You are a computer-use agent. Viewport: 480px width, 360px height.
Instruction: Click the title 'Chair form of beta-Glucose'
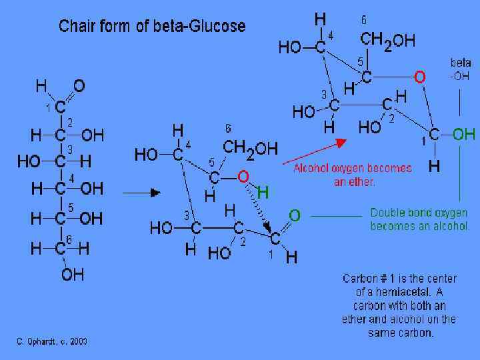[x=152, y=27]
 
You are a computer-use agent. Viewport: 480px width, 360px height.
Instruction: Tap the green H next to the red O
[x=263, y=193]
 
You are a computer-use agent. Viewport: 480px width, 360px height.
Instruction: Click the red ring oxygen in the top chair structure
[x=419, y=78]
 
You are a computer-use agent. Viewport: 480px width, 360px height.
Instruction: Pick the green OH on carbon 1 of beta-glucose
[x=463, y=134]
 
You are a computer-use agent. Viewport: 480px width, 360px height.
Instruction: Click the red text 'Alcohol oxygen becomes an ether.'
[x=353, y=175]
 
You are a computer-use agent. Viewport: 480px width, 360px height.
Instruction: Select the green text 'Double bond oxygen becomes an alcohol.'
[x=420, y=219]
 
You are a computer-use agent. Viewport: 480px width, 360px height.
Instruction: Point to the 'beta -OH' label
[x=460, y=69]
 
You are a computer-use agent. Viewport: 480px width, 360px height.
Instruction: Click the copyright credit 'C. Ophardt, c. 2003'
[x=51, y=341]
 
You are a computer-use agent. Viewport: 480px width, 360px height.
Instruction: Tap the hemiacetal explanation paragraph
[x=399, y=305]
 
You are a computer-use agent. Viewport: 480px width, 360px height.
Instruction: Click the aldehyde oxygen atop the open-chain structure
[x=79, y=86]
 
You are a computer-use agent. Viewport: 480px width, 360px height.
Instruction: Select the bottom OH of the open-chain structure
[x=73, y=274]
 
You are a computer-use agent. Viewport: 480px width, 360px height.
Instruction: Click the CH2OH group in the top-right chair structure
[x=388, y=41]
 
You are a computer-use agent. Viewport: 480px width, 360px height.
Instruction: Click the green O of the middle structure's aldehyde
[x=294, y=215]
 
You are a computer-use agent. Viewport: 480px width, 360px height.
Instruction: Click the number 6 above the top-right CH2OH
[x=363, y=20]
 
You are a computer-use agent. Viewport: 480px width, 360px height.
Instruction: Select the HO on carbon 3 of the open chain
[x=29, y=161]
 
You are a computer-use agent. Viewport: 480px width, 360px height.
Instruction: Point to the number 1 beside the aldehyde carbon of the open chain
[x=47, y=107]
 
